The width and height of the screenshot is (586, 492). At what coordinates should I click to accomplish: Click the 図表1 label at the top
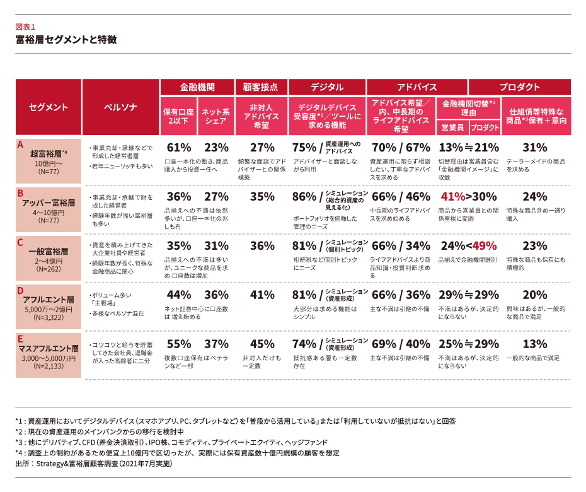(26, 27)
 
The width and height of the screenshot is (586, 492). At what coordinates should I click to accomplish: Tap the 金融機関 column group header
(197, 87)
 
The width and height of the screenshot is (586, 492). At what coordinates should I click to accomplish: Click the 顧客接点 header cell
(260, 87)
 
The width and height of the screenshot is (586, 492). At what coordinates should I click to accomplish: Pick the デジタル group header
(326, 87)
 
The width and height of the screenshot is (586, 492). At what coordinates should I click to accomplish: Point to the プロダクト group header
(520, 87)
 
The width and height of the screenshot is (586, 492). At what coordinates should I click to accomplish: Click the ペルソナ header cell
(120, 107)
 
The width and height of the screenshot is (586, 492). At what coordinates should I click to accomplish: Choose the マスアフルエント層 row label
(48, 348)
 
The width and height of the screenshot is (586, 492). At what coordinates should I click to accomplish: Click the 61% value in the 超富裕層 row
(178, 148)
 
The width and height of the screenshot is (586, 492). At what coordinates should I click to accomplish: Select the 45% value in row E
(262, 344)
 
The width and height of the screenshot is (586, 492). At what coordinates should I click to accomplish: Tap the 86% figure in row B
(304, 196)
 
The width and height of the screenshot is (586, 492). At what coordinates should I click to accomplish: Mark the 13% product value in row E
(535, 344)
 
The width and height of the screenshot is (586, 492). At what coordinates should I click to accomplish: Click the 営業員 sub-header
(452, 127)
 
